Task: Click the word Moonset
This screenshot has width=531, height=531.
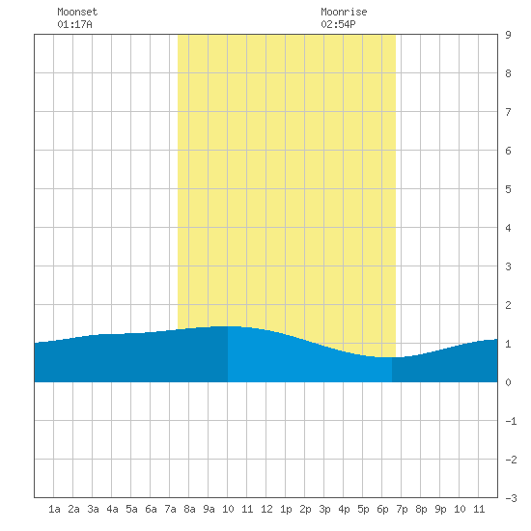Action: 77,12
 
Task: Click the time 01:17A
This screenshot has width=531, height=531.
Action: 74,24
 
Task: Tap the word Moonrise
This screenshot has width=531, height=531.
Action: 344,12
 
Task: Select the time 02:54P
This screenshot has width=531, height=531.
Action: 338,24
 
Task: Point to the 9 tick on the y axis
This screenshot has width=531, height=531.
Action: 508,35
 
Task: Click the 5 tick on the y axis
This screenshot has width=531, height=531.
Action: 508,189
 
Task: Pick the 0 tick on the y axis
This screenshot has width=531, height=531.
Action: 508,382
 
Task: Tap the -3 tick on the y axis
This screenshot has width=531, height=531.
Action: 511,498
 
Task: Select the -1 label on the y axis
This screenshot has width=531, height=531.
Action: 511,421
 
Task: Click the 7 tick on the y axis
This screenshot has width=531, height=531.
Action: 508,112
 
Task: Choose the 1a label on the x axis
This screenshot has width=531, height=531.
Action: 54,509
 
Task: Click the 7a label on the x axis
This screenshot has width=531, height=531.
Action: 170,509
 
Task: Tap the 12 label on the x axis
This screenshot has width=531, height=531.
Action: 266,509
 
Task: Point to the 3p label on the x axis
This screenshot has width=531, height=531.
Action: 324,509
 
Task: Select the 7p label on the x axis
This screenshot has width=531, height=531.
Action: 402,509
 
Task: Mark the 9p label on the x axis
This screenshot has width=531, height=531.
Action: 440,509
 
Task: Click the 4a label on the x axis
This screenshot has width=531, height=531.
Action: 112,509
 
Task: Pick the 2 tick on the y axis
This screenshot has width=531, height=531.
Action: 508,305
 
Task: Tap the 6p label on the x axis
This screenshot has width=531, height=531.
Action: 382,509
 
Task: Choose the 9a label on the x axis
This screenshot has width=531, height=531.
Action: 209,509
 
